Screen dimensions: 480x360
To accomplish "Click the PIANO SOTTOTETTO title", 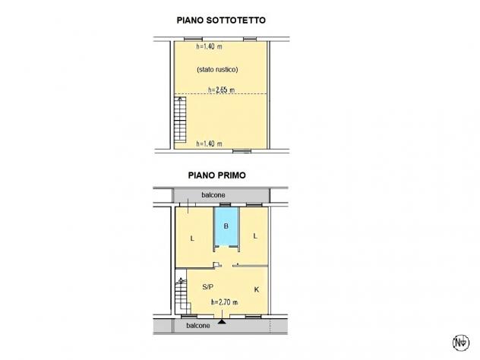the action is [x=221, y=21].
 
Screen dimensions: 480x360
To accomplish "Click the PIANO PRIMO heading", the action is [x=216, y=175].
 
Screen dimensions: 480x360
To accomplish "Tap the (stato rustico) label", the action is [x=217, y=69].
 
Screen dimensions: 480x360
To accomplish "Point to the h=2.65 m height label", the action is [x=221, y=90].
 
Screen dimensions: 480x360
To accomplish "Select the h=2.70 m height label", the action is [x=224, y=302].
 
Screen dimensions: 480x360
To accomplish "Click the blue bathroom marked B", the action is [x=226, y=226].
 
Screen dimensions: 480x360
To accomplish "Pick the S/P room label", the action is [x=208, y=287].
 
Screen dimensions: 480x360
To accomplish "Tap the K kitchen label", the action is [x=257, y=289].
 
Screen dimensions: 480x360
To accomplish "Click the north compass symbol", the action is [x=461, y=343].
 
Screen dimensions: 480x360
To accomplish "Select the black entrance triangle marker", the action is [x=222, y=321].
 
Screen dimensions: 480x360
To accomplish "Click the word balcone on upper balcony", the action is [x=213, y=195].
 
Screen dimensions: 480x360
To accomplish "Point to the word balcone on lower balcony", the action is [x=198, y=326].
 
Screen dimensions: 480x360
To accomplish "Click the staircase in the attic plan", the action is [x=180, y=119].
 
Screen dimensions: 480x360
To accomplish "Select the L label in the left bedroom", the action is [x=192, y=238].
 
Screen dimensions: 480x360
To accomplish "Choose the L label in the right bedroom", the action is [x=255, y=236].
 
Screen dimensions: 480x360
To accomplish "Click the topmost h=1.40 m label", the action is [x=209, y=46].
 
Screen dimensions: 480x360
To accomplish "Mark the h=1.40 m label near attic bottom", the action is [x=209, y=144].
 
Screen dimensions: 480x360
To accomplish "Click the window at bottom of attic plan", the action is [x=242, y=150].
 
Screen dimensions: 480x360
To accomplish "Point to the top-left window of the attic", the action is [x=193, y=39].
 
